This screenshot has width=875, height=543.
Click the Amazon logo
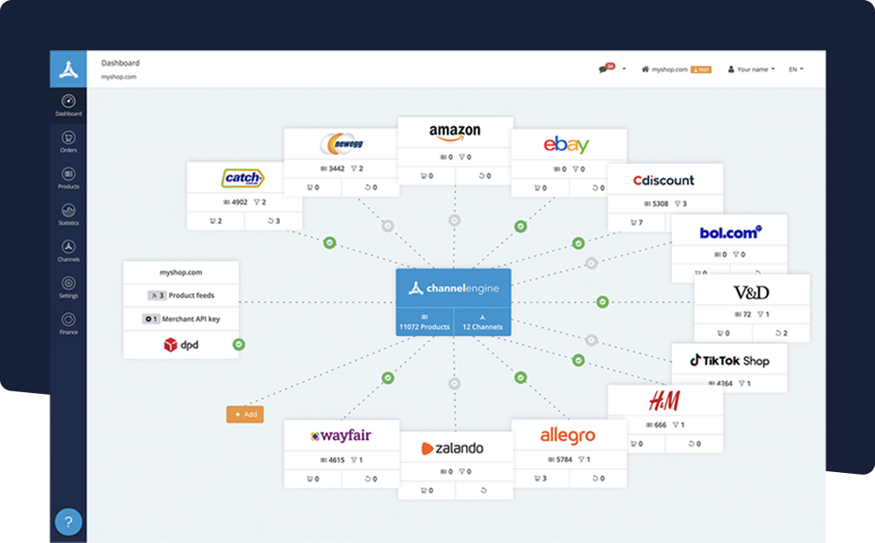(454, 132)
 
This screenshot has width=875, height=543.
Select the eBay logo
(567, 145)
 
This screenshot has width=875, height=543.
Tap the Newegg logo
(341, 144)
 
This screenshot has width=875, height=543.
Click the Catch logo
(243, 178)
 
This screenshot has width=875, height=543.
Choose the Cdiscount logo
(664, 180)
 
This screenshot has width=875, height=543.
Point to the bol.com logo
(730, 232)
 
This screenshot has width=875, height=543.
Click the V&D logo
(751, 293)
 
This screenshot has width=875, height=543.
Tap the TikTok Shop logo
(729, 360)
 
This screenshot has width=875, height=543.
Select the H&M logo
(664, 401)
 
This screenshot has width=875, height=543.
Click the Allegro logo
(567, 435)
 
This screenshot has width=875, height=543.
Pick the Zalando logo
(453, 449)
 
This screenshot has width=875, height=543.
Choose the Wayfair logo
(341, 436)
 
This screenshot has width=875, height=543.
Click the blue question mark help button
(68, 522)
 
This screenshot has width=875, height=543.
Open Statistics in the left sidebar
(68, 213)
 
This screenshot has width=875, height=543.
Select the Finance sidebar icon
(68, 322)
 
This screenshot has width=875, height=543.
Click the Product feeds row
(181, 295)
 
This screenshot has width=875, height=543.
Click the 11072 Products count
(425, 322)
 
